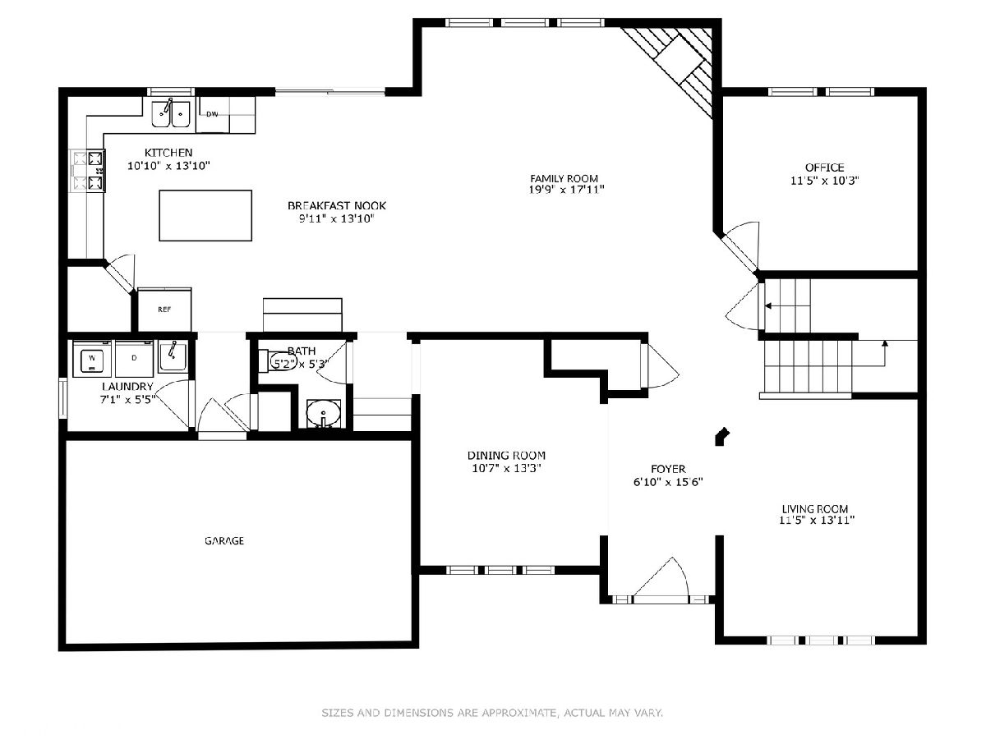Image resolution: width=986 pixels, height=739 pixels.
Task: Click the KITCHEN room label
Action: [168, 153]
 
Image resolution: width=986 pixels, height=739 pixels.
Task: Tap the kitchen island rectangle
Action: [205, 215]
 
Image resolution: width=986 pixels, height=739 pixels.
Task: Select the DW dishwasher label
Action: [212, 114]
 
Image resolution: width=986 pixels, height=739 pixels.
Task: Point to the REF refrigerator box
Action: [164, 310]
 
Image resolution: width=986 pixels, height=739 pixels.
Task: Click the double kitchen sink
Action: [171, 114]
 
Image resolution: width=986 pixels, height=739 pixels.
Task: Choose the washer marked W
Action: [92, 359]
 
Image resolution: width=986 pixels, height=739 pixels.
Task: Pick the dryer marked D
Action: [134, 359]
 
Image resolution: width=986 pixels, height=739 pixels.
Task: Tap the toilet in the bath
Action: [277, 360]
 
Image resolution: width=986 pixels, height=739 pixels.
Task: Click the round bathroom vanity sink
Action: [324, 412]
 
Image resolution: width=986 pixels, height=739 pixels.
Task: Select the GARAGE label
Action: [224, 540]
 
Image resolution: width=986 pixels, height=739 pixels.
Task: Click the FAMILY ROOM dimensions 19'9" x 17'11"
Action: [566, 190]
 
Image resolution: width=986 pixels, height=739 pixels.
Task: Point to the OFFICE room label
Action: [824, 168]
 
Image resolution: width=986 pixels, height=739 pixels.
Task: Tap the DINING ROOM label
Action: [506, 456]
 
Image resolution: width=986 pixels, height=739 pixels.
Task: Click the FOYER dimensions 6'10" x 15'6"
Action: [668, 482]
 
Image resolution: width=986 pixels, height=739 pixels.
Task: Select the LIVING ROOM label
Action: [815, 509]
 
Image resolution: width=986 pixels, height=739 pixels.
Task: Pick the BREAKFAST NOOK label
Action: [336, 206]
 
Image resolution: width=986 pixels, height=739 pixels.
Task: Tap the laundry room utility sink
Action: [173, 356]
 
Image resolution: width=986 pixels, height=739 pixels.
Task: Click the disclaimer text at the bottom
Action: [492, 712]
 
